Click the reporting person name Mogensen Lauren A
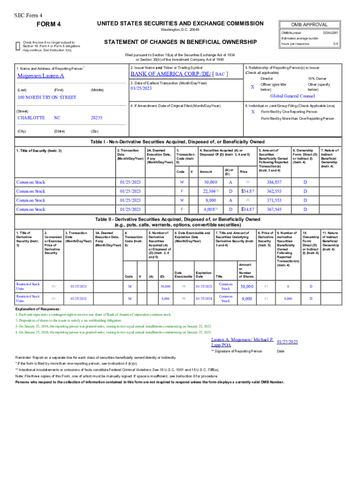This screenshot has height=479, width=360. click(x=41, y=76)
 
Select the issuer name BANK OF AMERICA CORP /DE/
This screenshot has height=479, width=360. click(x=170, y=74)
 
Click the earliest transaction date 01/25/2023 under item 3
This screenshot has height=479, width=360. click(x=141, y=88)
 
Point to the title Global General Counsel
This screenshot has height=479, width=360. click(x=293, y=95)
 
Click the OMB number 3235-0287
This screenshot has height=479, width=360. click(x=330, y=33)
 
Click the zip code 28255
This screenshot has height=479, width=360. click(x=96, y=118)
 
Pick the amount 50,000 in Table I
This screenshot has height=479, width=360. click(x=210, y=182)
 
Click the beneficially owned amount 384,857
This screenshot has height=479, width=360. click(x=274, y=182)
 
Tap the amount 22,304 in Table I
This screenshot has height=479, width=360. click(x=209, y=191)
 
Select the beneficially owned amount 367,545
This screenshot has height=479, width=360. click(x=274, y=210)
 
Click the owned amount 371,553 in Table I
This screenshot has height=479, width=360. click(x=274, y=200)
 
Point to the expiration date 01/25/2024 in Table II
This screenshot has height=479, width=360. click(x=204, y=298)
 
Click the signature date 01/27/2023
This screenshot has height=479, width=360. click(x=287, y=342)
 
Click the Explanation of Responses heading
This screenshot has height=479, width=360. click(x=38, y=310)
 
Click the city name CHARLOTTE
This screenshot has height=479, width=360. click(x=31, y=118)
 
